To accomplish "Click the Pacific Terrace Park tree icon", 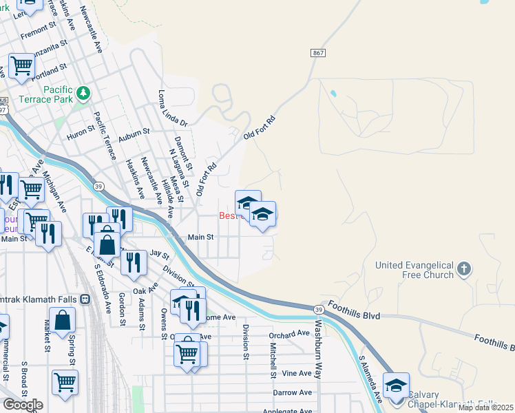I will coord(83,92).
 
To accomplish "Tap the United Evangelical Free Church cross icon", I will coord(464,268).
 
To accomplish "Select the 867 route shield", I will coord(317,52).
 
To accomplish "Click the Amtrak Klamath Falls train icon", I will coord(86,299).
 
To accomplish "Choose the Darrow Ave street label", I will coord(293,392).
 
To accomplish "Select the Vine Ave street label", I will coord(297,373).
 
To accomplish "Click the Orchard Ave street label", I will coord(289,334).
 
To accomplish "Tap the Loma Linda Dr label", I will coord(173,108).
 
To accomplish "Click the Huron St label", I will coord(81,129).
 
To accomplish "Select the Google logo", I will coord(23,404).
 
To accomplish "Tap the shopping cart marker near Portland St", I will coord(22,65).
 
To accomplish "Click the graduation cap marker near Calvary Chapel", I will coord(396,385).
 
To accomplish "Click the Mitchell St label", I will coord(273,355).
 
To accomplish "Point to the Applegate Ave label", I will coord(285,411).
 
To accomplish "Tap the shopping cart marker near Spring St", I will coord(65,381).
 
